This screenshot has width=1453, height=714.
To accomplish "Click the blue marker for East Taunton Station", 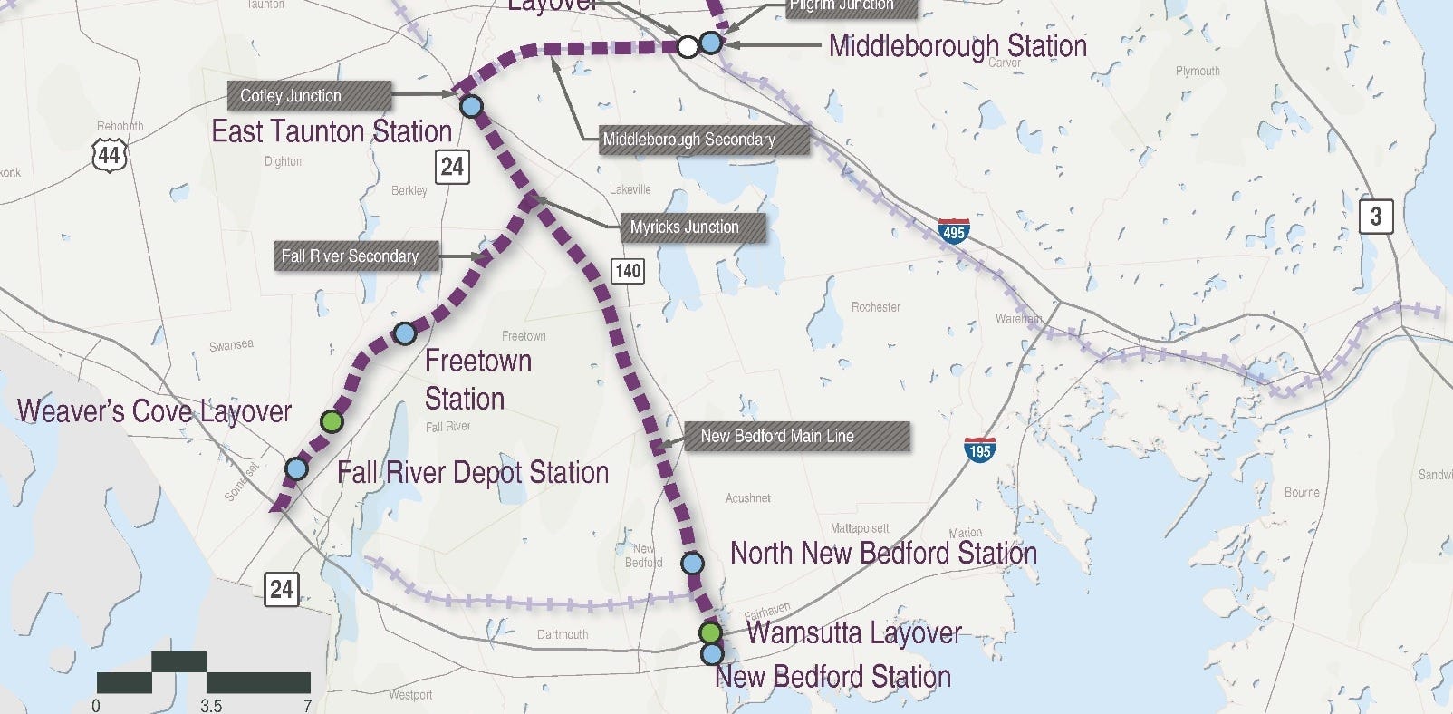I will (x=471, y=107).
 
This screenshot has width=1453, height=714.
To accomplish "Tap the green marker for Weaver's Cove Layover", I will (x=332, y=421).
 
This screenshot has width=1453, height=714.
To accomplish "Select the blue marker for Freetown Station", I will (x=405, y=333).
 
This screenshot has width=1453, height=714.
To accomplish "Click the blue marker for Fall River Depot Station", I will (x=296, y=469).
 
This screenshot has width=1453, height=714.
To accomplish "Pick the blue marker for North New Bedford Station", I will (x=692, y=564).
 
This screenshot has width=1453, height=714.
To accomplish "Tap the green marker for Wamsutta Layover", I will (x=711, y=632).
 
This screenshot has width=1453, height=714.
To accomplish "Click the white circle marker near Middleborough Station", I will (x=688, y=46).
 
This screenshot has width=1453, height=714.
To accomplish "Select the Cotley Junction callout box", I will (x=310, y=96).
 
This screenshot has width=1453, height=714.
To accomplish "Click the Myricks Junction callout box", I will (x=691, y=227).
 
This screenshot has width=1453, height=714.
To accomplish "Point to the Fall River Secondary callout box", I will (x=357, y=256).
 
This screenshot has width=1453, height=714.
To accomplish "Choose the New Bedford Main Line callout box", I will (x=793, y=437).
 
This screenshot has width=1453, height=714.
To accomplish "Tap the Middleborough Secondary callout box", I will (x=703, y=140).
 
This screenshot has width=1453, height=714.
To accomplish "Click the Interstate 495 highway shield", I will (x=953, y=230).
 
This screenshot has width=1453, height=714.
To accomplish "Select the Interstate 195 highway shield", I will (x=979, y=449).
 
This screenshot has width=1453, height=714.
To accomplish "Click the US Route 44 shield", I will (x=109, y=154).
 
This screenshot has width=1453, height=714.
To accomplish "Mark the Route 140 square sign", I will (x=628, y=270).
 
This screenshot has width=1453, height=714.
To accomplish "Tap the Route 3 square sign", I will (x=1375, y=216).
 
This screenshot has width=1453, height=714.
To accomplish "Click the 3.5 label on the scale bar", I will (x=211, y=705).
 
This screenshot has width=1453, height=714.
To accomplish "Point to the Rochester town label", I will (x=875, y=307).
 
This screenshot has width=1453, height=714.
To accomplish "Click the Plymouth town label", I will (x=1197, y=71).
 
